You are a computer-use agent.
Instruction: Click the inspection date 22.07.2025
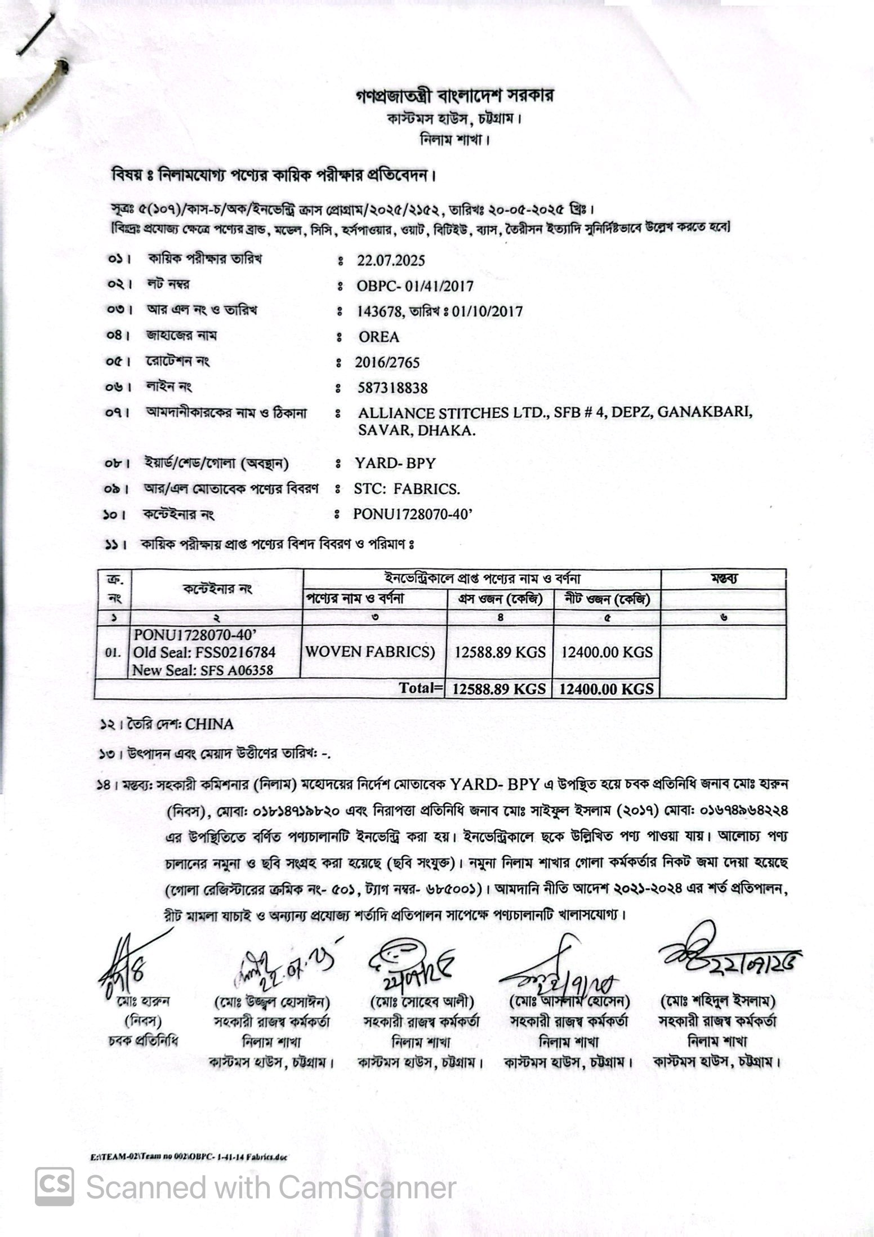click(x=391, y=261)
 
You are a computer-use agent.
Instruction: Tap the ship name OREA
click(x=379, y=337)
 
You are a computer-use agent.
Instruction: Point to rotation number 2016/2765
click(x=387, y=362)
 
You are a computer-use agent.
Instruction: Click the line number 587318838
click(x=393, y=388)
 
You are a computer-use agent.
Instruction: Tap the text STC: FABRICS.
click(x=407, y=489)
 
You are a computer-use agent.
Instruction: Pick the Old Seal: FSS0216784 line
click(x=204, y=652)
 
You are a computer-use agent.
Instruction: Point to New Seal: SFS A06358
click(x=203, y=670)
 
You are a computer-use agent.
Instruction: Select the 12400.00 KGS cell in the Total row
click(x=607, y=688)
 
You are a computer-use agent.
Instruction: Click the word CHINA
click(x=209, y=724)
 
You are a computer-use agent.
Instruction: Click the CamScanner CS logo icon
click(x=55, y=1187)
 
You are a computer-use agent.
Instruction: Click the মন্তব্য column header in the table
click(x=724, y=579)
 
